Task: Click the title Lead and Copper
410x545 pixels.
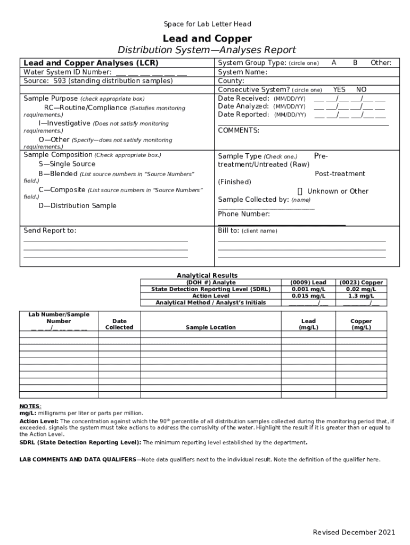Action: click(x=207, y=38)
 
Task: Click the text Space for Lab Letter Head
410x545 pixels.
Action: click(x=207, y=24)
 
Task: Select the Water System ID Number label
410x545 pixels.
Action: click(x=68, y=72)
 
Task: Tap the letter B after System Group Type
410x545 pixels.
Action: click(x=355, y=63)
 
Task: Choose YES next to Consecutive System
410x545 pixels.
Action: click(x=339, y=90)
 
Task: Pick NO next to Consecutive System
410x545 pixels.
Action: click(x=361, y=90)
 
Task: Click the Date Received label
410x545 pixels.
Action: click(x=243, y=98)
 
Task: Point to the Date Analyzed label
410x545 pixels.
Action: click(x=244, y=106)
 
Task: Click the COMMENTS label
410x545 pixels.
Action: click(x=239, y=130)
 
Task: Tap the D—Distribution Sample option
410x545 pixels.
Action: click(x=77, y=206)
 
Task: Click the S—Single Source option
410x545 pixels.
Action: click(x=67, y=164)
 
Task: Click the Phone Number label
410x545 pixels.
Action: click(x=244, y=214)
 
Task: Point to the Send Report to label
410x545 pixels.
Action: click(x=50, y=230)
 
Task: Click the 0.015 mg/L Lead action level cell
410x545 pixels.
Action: click(x=308, y=296)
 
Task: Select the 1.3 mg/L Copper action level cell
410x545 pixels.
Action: click(x=360, y=296)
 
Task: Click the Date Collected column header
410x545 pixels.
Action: click(x=119, y=324)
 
